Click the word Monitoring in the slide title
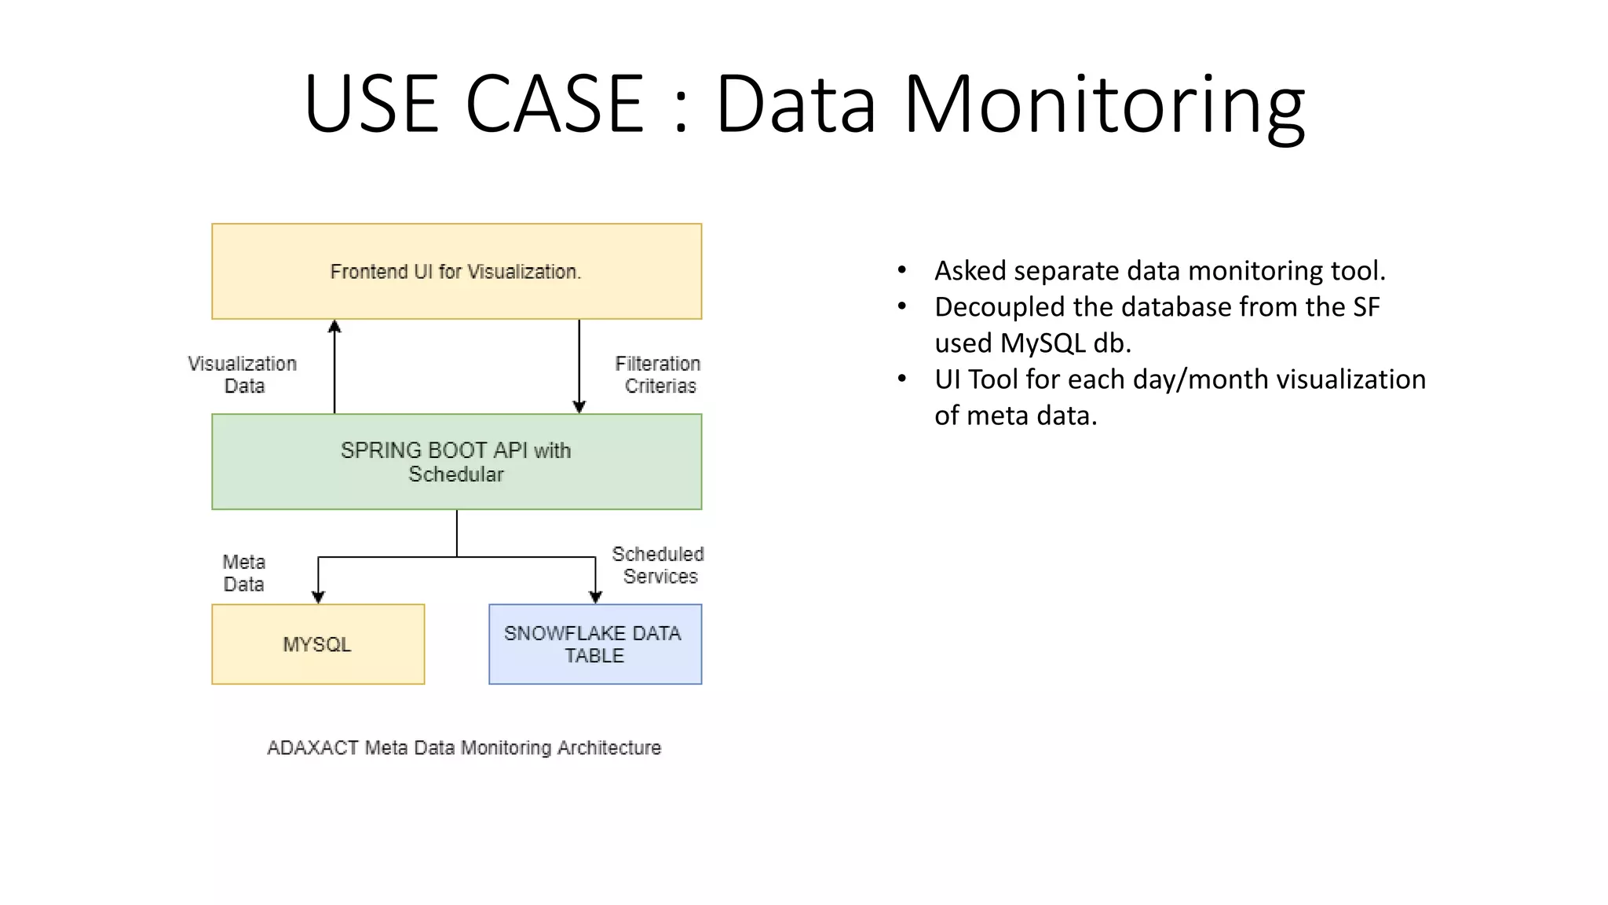click(x=1104, y=104)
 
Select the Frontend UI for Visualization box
click(x=456, y=272)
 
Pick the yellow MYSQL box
click(x=318, y=644)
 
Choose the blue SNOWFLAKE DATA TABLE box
click(x=594, y=644)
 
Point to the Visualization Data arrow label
click(x=243, y=375)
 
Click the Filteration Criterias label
click(x=659, y=375)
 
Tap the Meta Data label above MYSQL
click(x=244, y=573)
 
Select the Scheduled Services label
click(x=659, y=565)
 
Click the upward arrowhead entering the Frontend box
click(x=334, y=326)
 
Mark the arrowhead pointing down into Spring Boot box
click(x=579, y=407)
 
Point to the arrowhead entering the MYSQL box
click(x=318, y=597)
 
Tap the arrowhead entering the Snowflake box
click(x=595, y=597)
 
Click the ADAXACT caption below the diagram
click(x=464, y=748)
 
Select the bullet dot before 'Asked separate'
click(x=902, y=271)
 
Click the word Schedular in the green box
click(x=456, y=474)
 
